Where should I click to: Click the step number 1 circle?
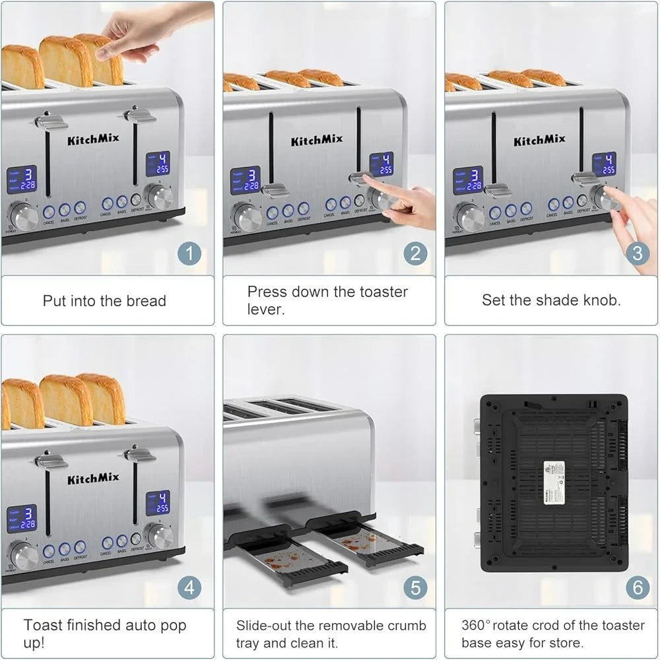(189, 253)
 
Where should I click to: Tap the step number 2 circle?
(415, 253)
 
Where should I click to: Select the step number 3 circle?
(637, 253)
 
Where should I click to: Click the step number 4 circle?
(189, 587)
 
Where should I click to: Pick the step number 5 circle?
(415, 587)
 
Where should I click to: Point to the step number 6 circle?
(637, 587)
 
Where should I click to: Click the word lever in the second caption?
(266, 310)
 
